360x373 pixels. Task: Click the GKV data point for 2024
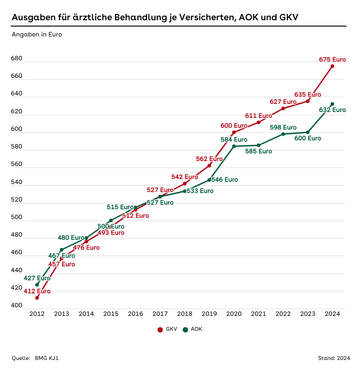tap(332, 66)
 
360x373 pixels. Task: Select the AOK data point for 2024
tap(332, 104)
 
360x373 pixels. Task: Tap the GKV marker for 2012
tap(37, 298)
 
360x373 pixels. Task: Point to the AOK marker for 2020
tap(234, 146)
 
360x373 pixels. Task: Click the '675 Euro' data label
tap(332, 59)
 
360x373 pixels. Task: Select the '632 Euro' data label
tap(332, 110)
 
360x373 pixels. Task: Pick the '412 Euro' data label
tap(37, 291)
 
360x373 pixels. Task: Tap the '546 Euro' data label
tap(225, 180)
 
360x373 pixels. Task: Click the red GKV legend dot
tap(160, 330)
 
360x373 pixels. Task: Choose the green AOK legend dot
tap(185, 330)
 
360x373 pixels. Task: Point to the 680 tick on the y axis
tap(17, 59)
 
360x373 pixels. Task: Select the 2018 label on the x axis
tap(184, 314)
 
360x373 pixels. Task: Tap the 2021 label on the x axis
tap(258, 314)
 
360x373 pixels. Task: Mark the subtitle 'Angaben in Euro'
tap(37, 34)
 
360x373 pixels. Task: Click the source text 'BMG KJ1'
tap(47, 359)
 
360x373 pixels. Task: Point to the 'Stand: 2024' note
tap(334, 359)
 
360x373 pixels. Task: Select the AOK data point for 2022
tap(283, 134)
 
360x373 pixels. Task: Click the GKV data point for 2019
tap(209, 166)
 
